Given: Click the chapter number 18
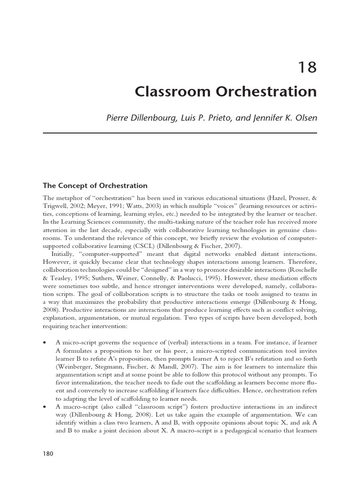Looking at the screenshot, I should click(307, 68).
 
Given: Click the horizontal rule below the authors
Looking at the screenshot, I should click(180, 133).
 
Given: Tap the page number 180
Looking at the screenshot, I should click(49, 453).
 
